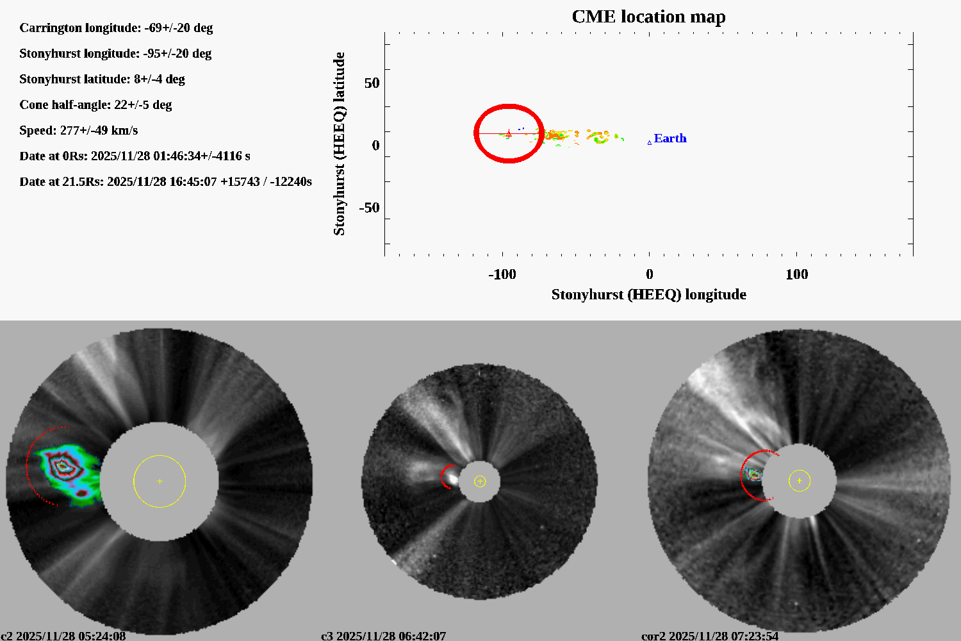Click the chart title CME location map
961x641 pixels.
[x=648, y=17]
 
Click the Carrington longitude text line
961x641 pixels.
[x=116, y=28]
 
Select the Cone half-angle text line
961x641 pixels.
[x=95, y=105]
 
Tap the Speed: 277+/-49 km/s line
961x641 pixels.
[x=79, y=131]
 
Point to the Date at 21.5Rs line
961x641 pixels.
[x=165, y=182]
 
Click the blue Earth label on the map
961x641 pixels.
[x=670, y=138]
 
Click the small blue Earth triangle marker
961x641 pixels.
[x=650, y=142]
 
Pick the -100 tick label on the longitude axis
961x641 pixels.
[x=502, y=274]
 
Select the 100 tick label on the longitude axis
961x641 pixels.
[x=796, y=274]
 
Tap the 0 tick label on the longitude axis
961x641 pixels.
[x=650, y=274]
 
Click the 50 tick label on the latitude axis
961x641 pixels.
[x=372, y=83]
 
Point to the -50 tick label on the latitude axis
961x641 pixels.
[x=368, y=208]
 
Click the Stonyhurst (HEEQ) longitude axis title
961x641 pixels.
[x=648, y=295]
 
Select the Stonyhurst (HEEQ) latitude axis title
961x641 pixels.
[x=340, y=144]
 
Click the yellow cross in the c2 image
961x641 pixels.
[x=160, y=481]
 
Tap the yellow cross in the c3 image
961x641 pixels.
[x=480, y=481]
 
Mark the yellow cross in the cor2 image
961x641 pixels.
[x=799, y=480]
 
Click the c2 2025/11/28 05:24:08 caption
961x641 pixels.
[x=63, y=636]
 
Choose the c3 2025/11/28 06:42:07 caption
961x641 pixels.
[x=383, y=636]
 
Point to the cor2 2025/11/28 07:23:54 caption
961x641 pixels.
[x=710, y=636]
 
